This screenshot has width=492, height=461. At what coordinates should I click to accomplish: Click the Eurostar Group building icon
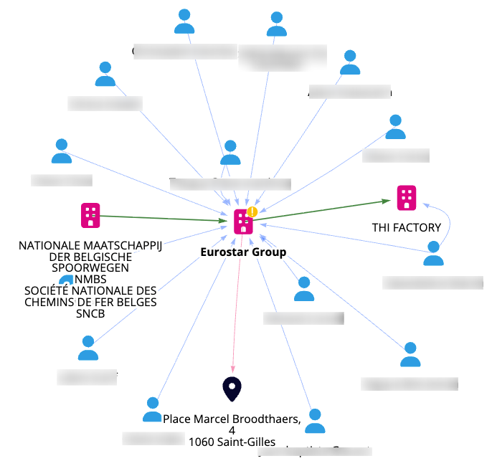[244, 223]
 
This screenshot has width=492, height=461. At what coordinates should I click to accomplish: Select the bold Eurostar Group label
[244, 252]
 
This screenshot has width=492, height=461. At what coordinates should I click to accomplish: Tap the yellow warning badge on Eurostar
[252, 212]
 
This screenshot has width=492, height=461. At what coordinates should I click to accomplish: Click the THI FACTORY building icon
[407, 197]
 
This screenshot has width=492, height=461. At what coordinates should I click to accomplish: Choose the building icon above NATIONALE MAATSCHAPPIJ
[90, 215]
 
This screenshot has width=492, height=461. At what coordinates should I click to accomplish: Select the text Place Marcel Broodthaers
[231, 419]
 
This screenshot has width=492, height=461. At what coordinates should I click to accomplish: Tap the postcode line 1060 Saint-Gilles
[232, 442]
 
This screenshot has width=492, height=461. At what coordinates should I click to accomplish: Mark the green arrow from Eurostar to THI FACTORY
[323, 211]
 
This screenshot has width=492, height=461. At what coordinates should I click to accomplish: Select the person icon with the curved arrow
[432, 254]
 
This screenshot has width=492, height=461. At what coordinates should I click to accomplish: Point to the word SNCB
[90, 313]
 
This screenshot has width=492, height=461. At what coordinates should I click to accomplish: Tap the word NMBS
[90, 280]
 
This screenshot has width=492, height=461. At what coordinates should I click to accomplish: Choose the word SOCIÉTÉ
[49, 290]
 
